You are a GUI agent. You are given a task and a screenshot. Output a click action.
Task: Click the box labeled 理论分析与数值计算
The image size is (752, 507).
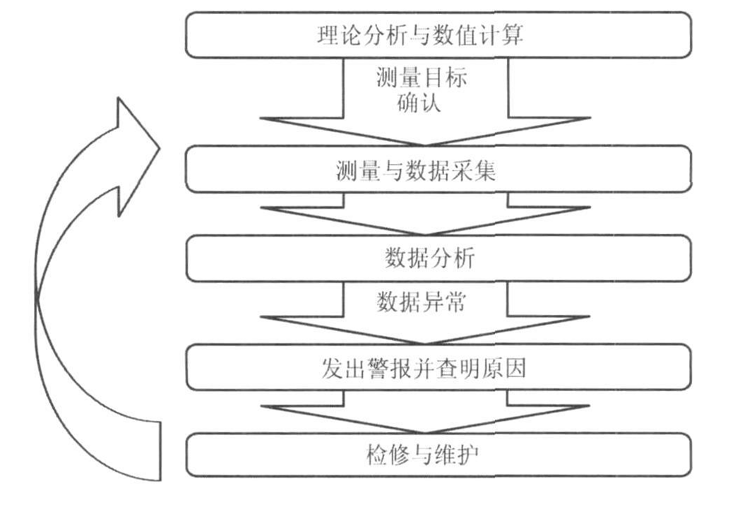(x=438, y=35)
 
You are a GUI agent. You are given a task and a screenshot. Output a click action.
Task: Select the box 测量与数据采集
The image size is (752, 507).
(x=438, y=169)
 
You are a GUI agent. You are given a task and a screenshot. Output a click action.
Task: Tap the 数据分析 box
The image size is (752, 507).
(x=438, y=258)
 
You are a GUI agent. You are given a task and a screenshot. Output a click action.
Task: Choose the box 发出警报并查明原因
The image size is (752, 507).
(x=438, y=367)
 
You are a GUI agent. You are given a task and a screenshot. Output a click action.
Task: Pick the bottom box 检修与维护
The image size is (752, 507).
(x=438, y=455)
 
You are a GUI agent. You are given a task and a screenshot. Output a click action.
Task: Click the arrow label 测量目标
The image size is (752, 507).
(x=422, y=78)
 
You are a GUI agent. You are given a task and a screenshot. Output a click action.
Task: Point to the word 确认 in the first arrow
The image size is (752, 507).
(x=419, y=102)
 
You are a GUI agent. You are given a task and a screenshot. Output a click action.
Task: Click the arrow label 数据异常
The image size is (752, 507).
(x=421, y=303)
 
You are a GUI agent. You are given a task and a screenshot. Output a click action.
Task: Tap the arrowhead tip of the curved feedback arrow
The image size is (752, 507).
(x=159, y=148)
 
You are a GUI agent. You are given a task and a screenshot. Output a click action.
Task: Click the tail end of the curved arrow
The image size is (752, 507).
(x=160, y=451)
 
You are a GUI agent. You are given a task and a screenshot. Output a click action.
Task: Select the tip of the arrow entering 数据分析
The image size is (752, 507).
(x=425, y=234)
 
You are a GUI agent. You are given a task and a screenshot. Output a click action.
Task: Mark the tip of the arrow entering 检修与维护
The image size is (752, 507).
(x=425, y=432)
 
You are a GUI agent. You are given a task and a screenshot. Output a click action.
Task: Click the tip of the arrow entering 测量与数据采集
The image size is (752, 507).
(x=425, y=145)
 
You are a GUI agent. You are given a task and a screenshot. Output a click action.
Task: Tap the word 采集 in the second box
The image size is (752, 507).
(x=472, y=171)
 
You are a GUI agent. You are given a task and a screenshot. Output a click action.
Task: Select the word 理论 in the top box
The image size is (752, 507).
(x=340, y=35)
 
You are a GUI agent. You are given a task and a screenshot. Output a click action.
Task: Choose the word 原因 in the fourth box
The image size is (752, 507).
(x=503, y=369)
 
